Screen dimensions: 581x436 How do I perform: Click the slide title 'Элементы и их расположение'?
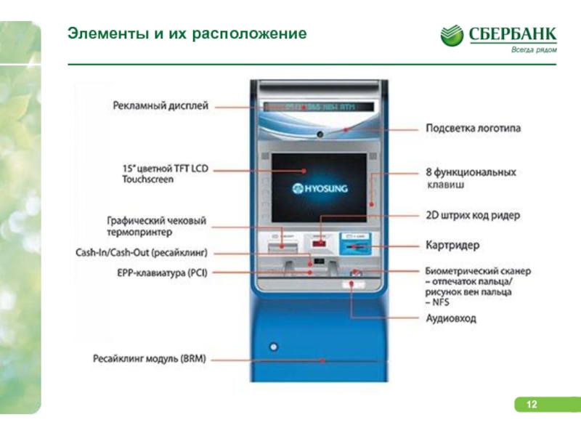coord(187,33)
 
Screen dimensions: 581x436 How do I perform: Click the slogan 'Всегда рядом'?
coord(534,50)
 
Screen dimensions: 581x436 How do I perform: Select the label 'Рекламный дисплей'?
coord(161,106)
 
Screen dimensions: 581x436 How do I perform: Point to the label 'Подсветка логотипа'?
coord(473,129)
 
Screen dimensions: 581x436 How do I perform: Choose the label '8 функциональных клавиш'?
coord(471,179)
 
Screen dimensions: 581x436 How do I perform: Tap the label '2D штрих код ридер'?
coord(472,216)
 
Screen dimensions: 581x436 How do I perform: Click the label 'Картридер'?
coord(452,245)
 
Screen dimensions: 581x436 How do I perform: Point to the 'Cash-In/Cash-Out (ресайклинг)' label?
coord(142,254)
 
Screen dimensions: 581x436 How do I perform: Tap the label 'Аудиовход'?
coord(451,318)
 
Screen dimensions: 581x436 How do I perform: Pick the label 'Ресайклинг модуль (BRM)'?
coord(150,358)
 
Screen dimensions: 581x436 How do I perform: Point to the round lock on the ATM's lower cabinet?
coord(274,344)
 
